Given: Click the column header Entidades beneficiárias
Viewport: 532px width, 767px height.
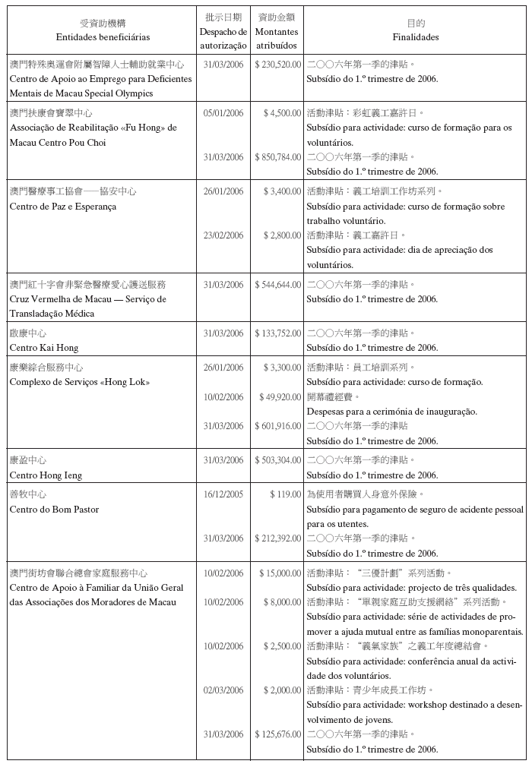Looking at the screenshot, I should (x=103, y=37).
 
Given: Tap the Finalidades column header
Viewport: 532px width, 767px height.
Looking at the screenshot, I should (x=415, y=37).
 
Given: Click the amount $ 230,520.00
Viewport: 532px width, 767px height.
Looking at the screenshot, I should (x=278, y=65).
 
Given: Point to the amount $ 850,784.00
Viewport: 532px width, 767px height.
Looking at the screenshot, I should (x=278, y=157).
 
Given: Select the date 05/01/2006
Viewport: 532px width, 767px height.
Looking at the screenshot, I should (x=223, y=113).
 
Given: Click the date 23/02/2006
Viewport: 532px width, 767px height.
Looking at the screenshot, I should (x=223, y=235).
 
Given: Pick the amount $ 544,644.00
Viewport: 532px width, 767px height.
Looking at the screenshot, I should (x=278, y=285).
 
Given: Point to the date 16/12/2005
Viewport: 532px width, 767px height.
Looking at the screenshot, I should (x=223, y=494).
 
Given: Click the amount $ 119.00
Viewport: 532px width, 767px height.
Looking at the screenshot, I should (x=286, y=494).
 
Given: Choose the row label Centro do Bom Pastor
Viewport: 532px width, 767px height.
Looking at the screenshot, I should (x=54, y=510).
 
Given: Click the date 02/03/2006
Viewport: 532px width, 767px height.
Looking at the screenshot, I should (x=223, y=690).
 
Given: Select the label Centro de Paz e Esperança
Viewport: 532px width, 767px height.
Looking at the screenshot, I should (x=63, y=207).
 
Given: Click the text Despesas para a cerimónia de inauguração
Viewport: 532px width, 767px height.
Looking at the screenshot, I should (x=391, y=412).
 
